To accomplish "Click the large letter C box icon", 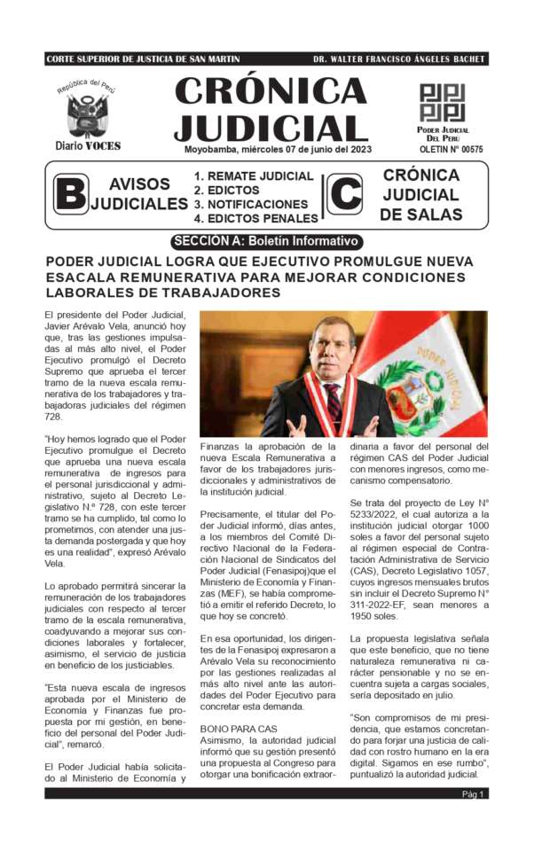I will (344, 194).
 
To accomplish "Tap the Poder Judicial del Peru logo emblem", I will (442, 104).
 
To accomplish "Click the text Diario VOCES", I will (88, 145).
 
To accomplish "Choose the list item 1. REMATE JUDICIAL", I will (254, 176).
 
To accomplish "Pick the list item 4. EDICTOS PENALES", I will (256, 218).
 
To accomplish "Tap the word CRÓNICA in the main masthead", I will (271, 90).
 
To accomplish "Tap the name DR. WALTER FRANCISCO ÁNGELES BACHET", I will (399, 59).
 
